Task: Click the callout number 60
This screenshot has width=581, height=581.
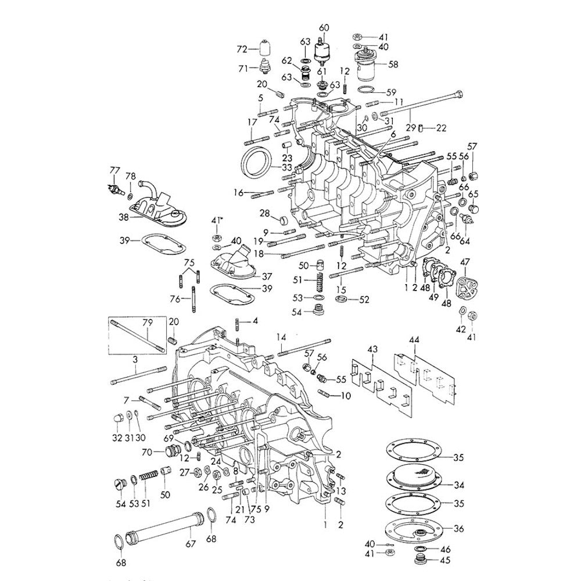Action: click(324, 27)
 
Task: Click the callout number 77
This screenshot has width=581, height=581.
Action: click(114, 170)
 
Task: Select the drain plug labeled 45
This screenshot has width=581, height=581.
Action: click(419, 561)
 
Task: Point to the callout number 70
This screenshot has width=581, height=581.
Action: click(146, 451)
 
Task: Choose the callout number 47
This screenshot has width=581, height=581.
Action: click(465, 263)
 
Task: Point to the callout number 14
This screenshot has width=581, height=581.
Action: click(281, 337)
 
